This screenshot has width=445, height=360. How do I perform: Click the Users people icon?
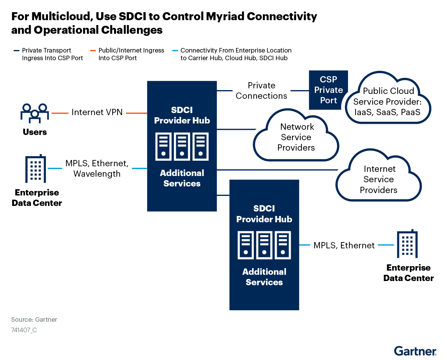(34, 113)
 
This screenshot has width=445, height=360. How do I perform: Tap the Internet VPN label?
(97, 112)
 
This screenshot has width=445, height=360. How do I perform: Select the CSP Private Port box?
(328, 90)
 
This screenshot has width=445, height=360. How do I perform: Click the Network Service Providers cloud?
(296, 137)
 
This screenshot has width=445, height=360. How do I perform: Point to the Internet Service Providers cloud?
(379, 179)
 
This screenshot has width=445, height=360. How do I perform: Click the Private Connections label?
(261, 90)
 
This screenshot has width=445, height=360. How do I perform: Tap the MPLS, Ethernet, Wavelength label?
(97, 168)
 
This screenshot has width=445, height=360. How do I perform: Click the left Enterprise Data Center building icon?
(35, 169)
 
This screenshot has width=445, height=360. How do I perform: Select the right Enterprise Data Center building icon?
(407, 244)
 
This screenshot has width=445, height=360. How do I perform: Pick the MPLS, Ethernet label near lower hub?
(344, 245)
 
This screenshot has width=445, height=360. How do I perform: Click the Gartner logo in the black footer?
(415, 351)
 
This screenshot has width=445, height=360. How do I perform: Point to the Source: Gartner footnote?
(34, 320)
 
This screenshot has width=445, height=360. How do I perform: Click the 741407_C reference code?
(24, 330)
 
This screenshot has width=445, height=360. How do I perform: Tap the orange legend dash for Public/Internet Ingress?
(93, 51)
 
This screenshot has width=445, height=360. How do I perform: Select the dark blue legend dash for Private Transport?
(16, 51)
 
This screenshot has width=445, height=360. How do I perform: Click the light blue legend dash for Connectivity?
(175, 51)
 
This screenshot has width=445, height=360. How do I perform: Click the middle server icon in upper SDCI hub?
(182, 146)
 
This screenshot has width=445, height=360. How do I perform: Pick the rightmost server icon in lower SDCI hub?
(283, 245)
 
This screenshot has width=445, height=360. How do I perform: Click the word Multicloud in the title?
(62, 16)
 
